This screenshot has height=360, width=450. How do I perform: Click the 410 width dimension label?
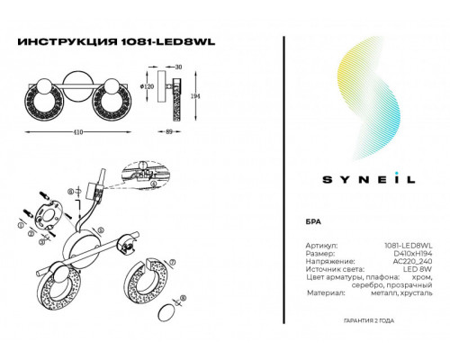pos(78,131)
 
